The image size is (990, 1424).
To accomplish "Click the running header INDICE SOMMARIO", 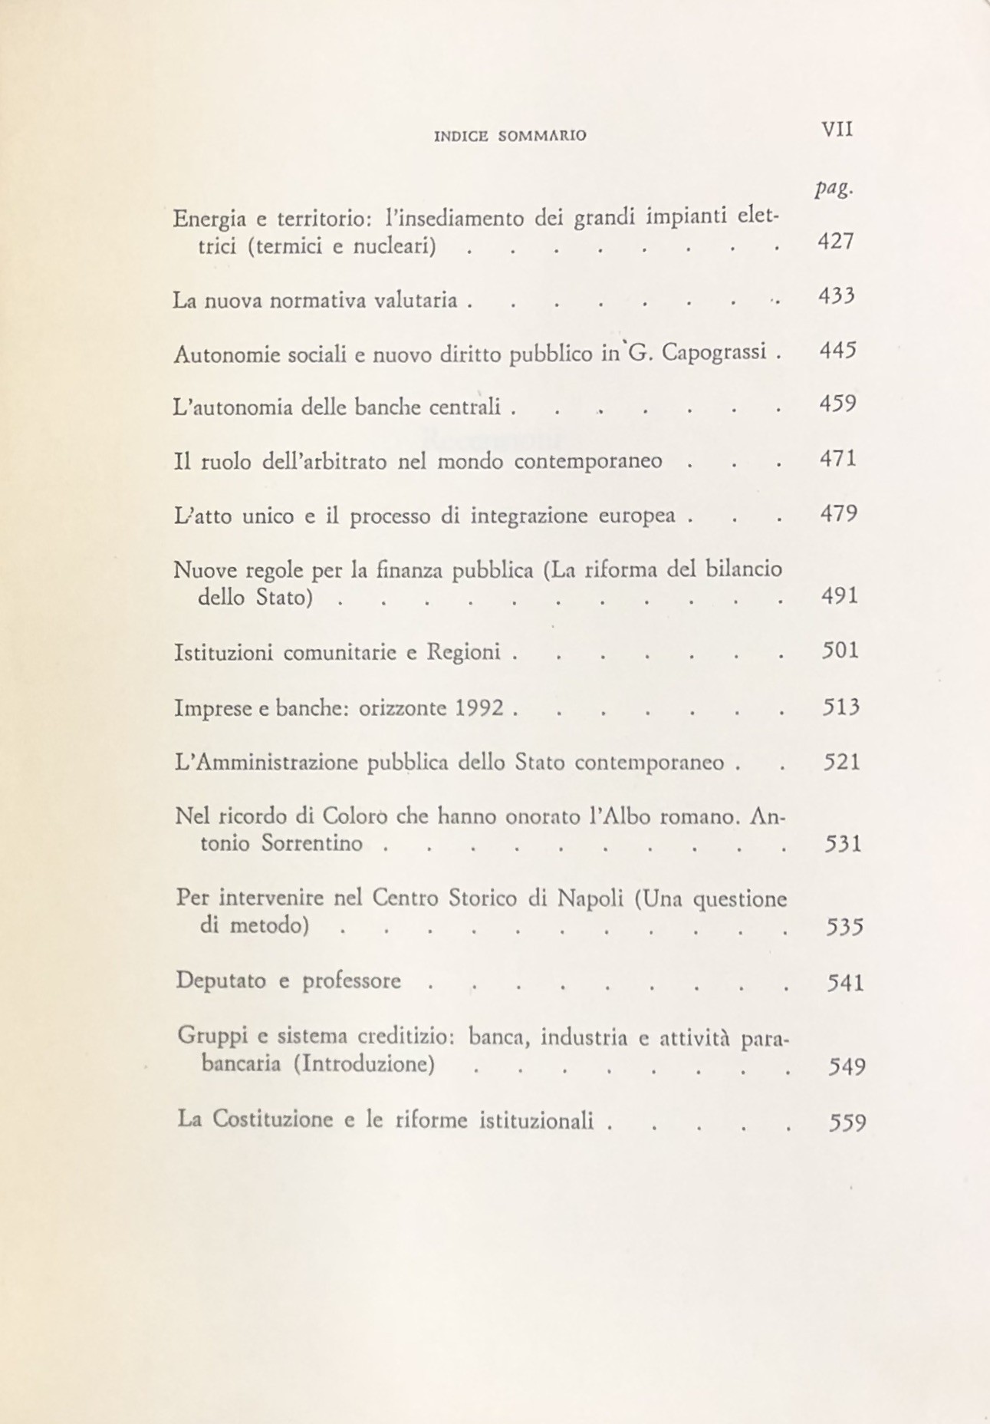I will (x=510, y=136).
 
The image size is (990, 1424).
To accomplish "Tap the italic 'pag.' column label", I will (x=834, y=189).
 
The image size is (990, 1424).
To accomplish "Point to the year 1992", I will (x=479, y=707).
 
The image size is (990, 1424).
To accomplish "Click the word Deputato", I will (x=222, y=981).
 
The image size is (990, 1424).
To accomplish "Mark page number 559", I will (x=847, y=1123).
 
